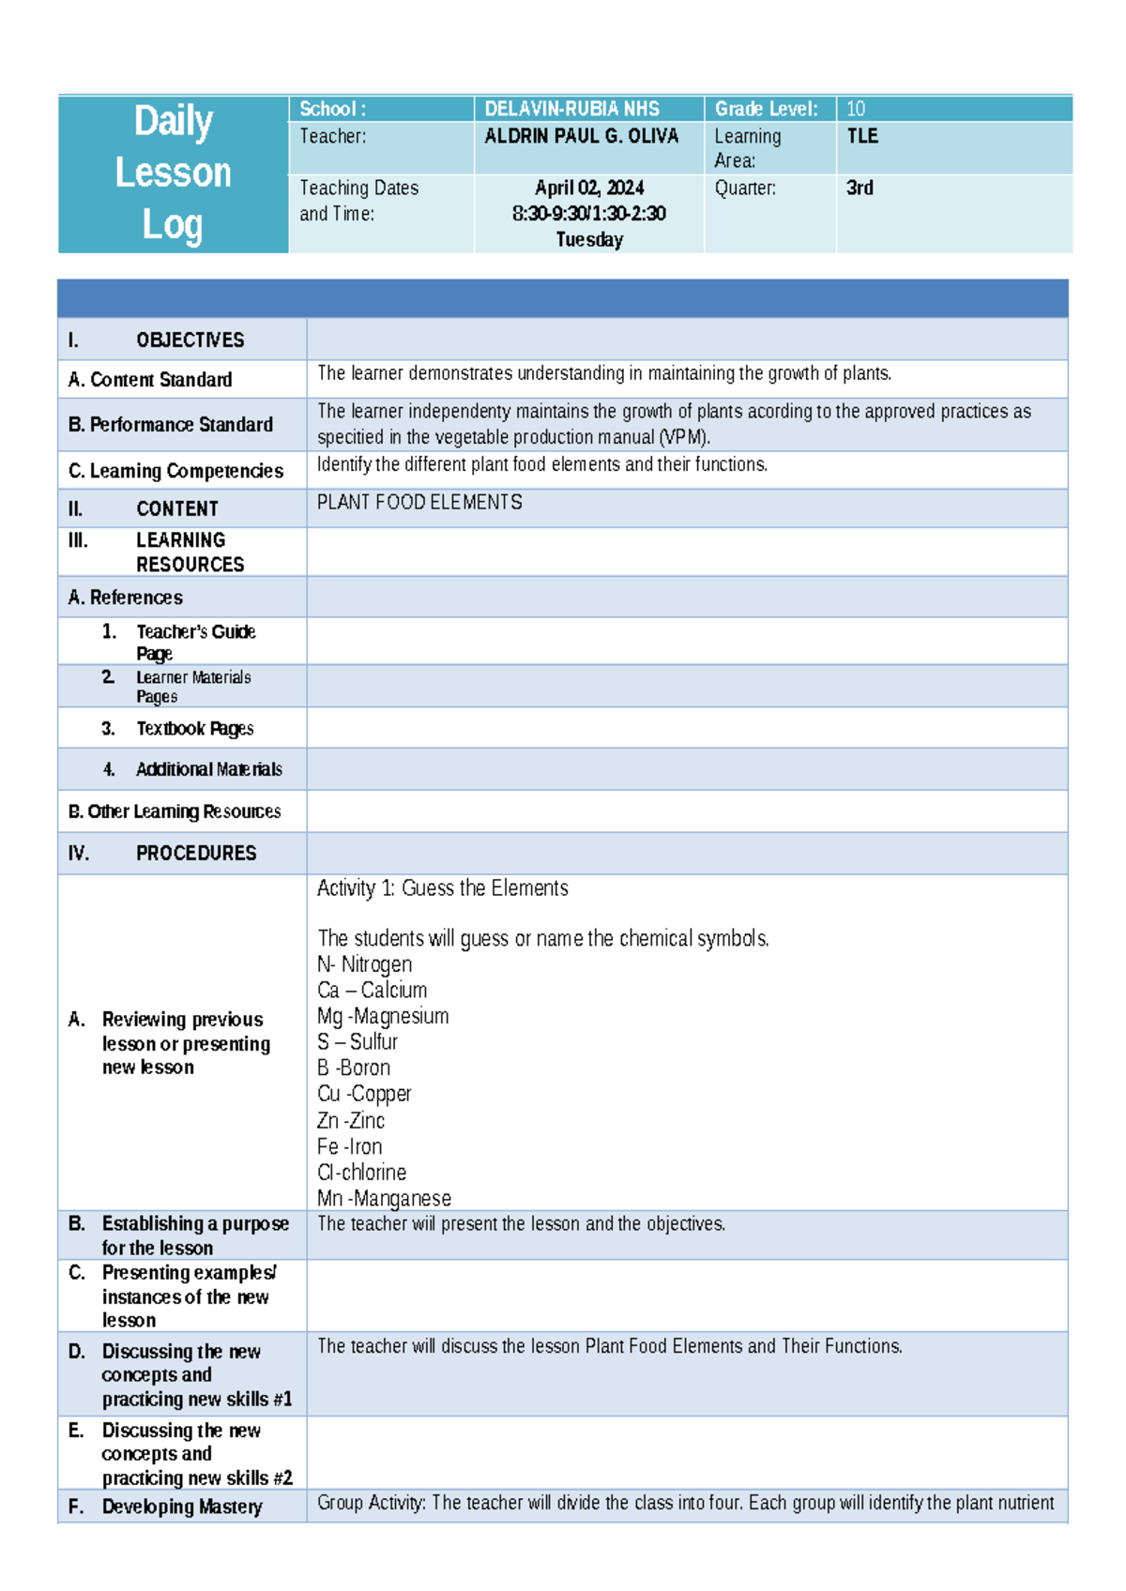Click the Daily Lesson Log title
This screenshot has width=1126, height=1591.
(173, 174)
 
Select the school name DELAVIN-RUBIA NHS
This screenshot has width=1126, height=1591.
(571, 109)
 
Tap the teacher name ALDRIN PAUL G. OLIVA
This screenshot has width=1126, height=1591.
(581, 136)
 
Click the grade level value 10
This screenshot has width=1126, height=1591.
(855, 109)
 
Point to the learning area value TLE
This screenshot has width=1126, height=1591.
(861, 136)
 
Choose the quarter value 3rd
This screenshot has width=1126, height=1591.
(859, 188)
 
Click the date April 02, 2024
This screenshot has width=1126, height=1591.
(588, 188)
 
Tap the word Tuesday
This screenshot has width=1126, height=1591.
(588, 239)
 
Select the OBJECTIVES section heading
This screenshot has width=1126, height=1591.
(190, 340)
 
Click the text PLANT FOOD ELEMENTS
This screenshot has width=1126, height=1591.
(418, 502)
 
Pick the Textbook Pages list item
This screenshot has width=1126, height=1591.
(194, 728)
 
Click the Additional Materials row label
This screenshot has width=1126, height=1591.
(208, 769)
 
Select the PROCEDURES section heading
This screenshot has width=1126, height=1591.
(195, 853)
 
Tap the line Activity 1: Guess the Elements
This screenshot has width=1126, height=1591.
(442, 887)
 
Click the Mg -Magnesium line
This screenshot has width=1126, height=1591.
(382, 1016)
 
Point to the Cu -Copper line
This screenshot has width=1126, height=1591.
(363, 1094)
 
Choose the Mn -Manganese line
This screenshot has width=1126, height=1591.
(383, 1198)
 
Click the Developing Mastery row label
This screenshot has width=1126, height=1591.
(181, 1507)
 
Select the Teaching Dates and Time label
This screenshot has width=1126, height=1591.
(358, 201)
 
